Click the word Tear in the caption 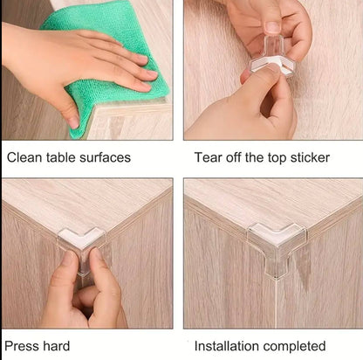pos(209,158)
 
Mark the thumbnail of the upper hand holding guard pos(272,26)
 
